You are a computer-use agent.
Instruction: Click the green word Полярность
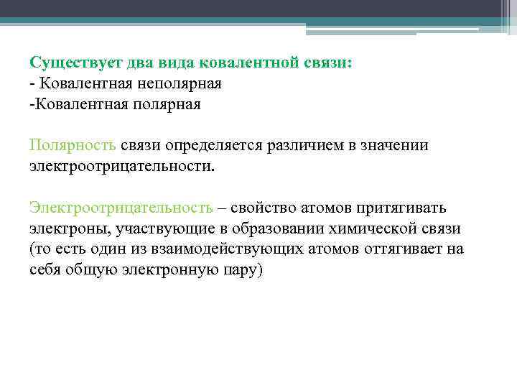pyautogui.click(x=73, y=146)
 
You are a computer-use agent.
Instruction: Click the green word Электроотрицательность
pyautogui.click(x=121, y=208)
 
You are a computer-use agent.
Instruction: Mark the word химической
pyautogui.click(x=371, y=229)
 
